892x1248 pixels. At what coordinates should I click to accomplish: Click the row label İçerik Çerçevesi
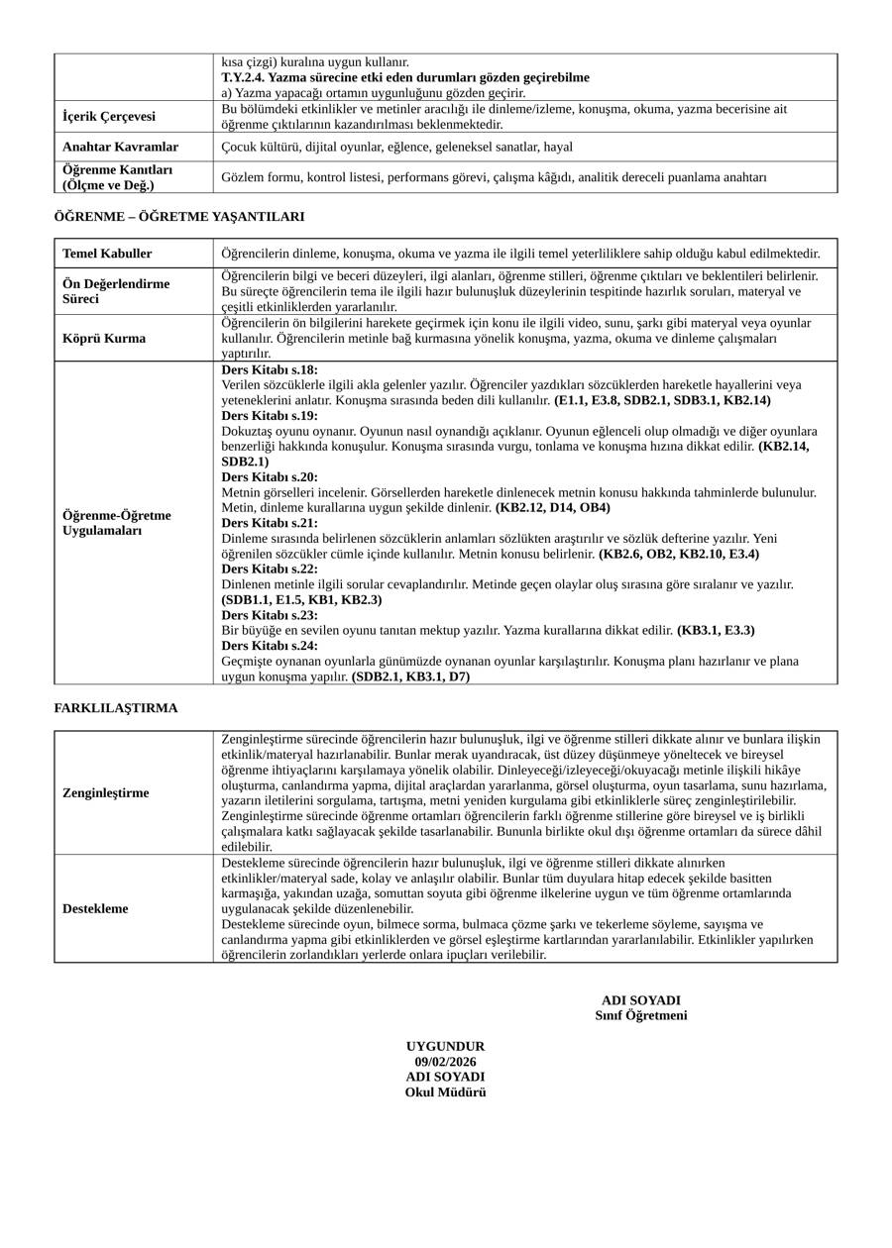tap(109, 117)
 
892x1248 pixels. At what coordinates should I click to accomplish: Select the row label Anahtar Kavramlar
tap(120, 147)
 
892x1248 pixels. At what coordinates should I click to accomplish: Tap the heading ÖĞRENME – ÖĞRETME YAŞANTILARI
tap(178, 216)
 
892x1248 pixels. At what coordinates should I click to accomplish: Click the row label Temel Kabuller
tap(107, 254)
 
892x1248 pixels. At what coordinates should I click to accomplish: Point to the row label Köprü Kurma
tap(104, 338)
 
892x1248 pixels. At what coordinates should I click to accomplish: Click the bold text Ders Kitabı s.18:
tap(270, 369)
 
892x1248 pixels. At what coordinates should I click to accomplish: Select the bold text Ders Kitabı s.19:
tap(270, 416)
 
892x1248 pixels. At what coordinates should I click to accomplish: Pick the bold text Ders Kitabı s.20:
tap(270, 477)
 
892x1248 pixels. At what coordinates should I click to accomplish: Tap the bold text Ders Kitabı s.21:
tap(270, 523)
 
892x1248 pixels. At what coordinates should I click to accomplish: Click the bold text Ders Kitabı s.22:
tap(270, 570)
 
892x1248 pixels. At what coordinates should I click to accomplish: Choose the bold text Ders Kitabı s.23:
tap(270, 615)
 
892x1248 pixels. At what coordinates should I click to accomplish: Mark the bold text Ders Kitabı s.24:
tap(270, 646)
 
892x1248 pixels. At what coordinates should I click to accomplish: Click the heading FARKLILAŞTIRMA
tap(116, 708)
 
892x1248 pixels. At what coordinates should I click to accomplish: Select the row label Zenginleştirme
tap(106, 793)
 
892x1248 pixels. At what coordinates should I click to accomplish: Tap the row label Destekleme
tap(95, 908)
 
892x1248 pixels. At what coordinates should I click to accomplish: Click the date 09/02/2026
tap(445, 1062)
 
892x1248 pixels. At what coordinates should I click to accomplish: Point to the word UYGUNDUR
tap(445, 1047)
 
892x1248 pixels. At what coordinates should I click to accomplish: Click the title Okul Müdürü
tap(445, 1092)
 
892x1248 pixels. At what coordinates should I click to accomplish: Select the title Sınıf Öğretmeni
tap(640, 1015)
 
